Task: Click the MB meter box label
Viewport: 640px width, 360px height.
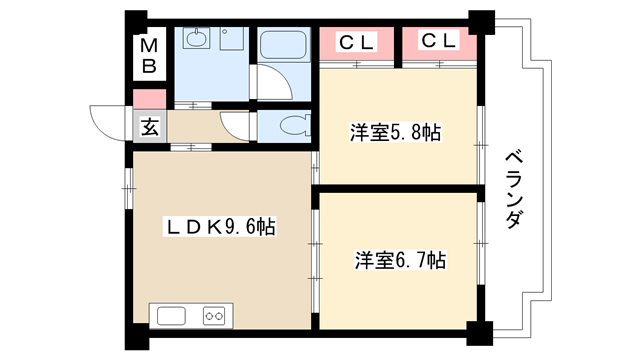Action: click(149, 56)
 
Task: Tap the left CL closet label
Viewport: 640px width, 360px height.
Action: click(356, 42)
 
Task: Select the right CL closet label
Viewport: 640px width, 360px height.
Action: click(438, 41)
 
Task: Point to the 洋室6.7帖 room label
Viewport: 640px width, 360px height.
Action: click(400, 260)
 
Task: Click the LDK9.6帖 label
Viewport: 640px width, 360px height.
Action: click(220, 227)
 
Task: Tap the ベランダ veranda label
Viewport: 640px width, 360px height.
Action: click(514, 190)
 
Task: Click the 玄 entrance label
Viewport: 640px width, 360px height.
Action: click(150, 127)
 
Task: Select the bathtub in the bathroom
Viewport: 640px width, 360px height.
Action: click(283, 44)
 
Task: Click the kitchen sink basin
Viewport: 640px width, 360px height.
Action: click(171, 316)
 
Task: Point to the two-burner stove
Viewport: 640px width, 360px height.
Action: click(214, 316)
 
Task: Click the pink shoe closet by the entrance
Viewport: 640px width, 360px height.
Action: click(150, 99)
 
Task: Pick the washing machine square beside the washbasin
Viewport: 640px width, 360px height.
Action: click(232, 39)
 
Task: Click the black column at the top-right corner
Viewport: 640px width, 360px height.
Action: click(482, 22)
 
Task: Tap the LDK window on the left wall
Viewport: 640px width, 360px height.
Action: click(129, 188)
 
